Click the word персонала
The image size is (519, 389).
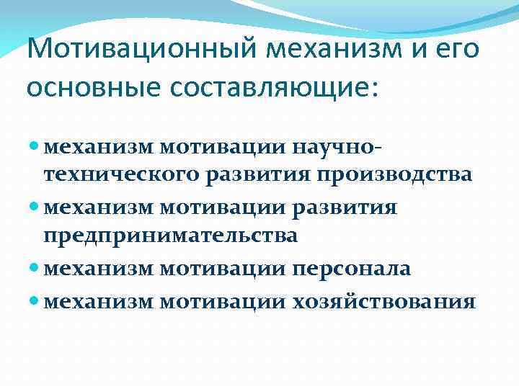click(351, 269)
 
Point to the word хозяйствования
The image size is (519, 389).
click(383, 300)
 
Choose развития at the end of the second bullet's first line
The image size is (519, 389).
click(354, 208)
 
